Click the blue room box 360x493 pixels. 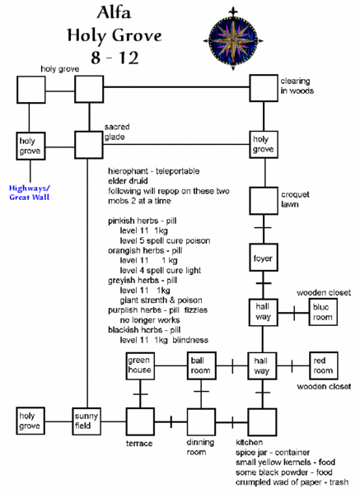point(321,312)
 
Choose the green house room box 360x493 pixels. point(139,365)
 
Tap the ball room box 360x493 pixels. point(201,365)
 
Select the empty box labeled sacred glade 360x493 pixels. point(86,145)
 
